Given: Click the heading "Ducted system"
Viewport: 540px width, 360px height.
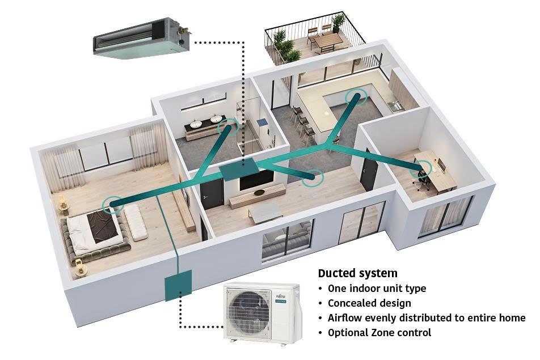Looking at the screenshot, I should point(357,273).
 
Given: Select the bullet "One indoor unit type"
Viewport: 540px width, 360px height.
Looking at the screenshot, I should point(376,289).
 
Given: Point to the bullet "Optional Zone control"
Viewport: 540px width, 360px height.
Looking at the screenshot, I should point(379,333).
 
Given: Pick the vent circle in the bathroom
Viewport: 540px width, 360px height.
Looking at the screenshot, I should point(229,127).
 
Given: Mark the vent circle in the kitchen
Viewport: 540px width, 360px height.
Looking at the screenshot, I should point(356,98).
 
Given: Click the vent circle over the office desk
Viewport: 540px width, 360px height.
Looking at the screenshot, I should point(423,168).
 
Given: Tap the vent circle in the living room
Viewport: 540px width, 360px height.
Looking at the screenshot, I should point(313,177).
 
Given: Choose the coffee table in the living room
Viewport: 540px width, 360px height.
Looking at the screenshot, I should point(265,213).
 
